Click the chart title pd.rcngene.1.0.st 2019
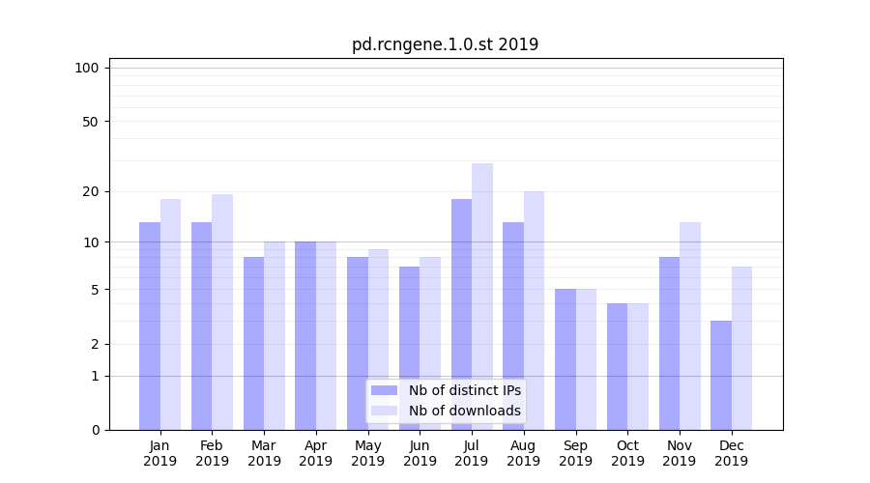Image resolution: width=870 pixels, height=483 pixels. coord(445,44)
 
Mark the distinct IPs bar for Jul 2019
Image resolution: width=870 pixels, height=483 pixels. coord(462,314)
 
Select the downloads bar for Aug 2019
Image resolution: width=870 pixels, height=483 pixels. coord(535,310)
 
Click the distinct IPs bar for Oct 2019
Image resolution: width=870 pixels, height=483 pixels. coord(618,366)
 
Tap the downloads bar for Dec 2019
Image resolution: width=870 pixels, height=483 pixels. coord(741,348)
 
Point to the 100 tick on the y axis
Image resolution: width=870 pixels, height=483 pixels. coord(87,68)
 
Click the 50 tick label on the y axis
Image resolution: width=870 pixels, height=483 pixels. coord(91,122)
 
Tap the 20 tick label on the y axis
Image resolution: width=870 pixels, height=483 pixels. coord(91,191)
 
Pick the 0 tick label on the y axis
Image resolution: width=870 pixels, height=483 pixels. coord(95,430)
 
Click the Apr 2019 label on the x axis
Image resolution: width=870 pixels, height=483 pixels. coord(316,453)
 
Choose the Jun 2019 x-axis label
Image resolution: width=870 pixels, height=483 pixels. coord(420,453)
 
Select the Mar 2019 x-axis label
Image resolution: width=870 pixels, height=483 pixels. coord(264,453)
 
